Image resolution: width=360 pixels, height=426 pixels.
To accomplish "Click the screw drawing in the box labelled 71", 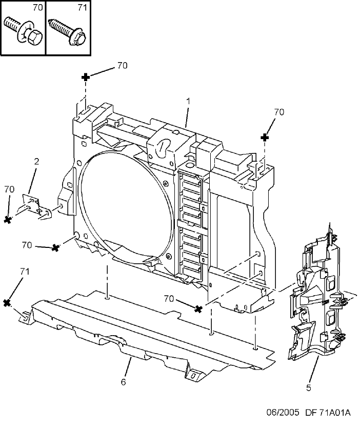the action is (67, 32).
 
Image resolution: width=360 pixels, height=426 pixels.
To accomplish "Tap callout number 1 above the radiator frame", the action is (188, 101).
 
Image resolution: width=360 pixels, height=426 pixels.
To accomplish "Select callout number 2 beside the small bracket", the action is (36, 161).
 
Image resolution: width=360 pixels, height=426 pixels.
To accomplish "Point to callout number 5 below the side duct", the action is (308, 388).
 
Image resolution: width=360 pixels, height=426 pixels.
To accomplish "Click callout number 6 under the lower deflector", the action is (123, 382).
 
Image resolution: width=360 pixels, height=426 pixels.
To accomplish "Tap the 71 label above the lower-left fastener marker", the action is (25, 272).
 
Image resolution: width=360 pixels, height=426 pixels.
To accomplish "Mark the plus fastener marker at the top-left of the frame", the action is (86, 77).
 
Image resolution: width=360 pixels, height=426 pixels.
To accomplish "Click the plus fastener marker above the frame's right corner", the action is (265, 138).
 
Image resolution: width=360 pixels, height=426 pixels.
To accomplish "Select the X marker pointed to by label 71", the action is (7, 303).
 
